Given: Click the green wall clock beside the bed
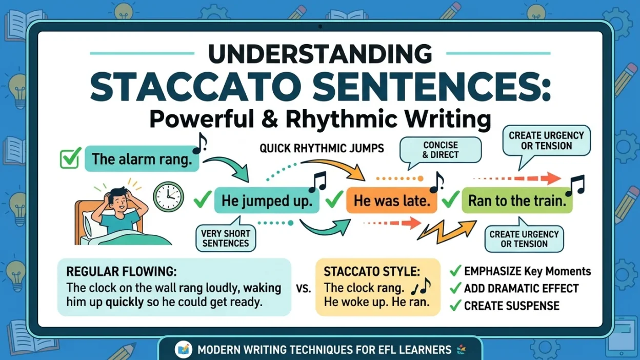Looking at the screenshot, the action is click(x=168, y=196).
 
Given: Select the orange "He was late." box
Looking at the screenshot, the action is click(x=392, y=201).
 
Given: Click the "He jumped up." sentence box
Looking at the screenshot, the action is click(x=267, y=201).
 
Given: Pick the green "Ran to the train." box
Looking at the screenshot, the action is click(x=517, y=201).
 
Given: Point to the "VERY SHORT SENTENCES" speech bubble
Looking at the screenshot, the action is click(x=226, y=236).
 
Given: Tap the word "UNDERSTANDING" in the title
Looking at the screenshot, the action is click(x=320, y=54).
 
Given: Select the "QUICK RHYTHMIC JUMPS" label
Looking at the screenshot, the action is click(x=322, y=148).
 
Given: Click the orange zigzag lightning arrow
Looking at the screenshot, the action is click(x=446, y=232).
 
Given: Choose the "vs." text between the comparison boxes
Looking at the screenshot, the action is click(x=304, y=288).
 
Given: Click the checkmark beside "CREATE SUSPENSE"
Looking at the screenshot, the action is click(x=455, y=305).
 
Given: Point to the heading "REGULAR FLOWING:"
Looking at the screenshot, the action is click(x=122, y=271).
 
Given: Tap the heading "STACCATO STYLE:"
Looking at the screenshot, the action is click(x=372, y=271).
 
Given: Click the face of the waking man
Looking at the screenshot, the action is click(x=120, y=202).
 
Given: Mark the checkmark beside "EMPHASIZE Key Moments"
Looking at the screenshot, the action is click(x=455, y=271).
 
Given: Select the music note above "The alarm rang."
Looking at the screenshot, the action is click(x=199, y=143).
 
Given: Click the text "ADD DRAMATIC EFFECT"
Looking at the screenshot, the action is click(x=522, y=289).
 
